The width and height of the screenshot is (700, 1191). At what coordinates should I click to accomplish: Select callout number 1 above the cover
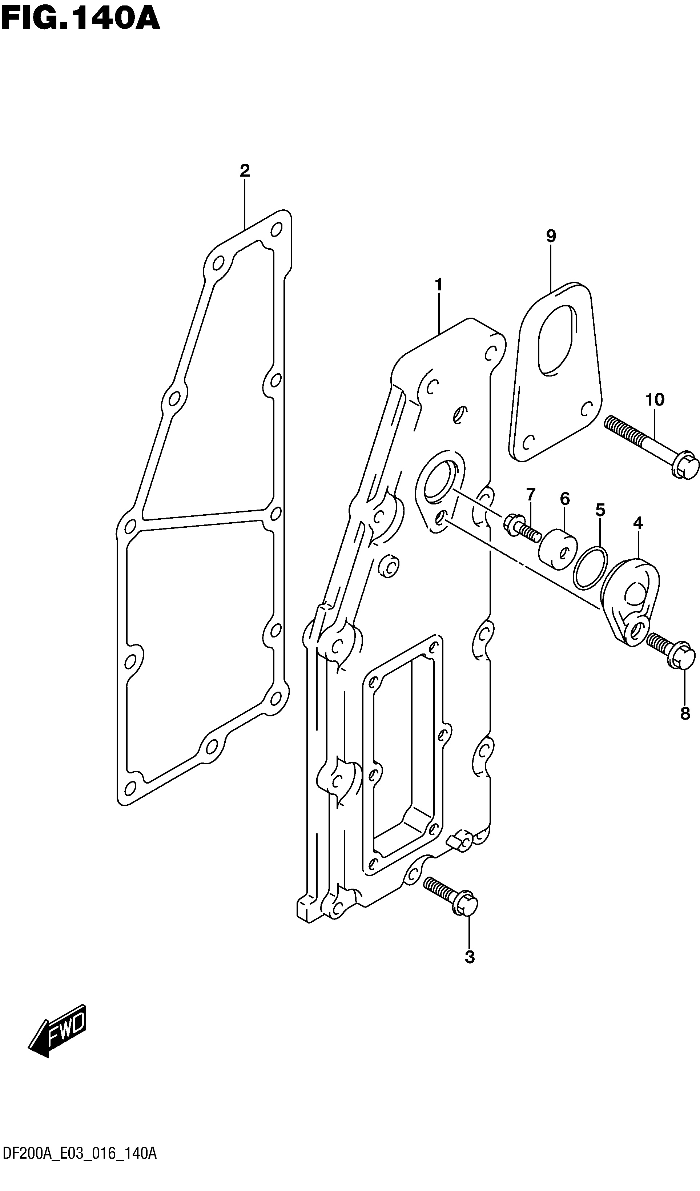tap(439, 285)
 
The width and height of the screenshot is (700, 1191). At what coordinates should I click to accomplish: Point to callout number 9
tap(551, 236)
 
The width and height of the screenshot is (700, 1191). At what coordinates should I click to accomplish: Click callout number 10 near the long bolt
tap(655, 400)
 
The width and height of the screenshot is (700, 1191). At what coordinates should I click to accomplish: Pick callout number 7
tap(531, 494)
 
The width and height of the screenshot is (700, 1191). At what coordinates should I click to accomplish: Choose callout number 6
tap(565, 498)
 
